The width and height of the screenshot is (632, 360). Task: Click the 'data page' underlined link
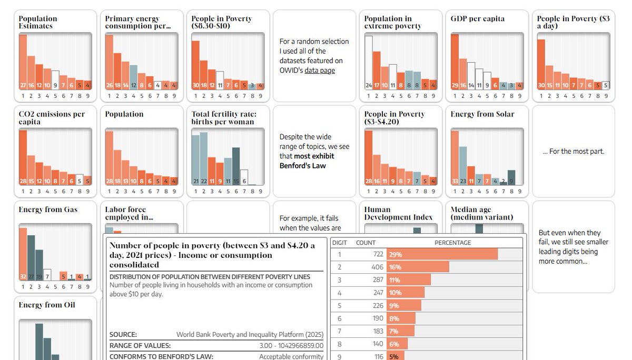point(319,71)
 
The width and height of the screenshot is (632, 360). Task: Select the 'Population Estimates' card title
point(38,22)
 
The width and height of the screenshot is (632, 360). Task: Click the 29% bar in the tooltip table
point(442,254)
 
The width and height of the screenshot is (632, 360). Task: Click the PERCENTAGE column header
point(452,243)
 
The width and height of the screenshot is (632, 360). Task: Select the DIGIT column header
point(339,243)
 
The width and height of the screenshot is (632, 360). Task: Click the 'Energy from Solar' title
point(482,114)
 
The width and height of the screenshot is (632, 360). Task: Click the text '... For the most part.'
point(573,152)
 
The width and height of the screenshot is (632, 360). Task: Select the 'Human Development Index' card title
point(398,213)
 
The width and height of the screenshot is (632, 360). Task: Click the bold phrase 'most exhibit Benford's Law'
point(307,161)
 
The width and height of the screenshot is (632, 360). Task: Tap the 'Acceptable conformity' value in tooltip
point(291,356)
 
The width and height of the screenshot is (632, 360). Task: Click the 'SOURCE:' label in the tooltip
point(123,335)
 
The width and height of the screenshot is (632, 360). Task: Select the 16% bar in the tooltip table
point(418,267)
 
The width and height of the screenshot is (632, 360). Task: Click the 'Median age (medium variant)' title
point(481,213)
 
